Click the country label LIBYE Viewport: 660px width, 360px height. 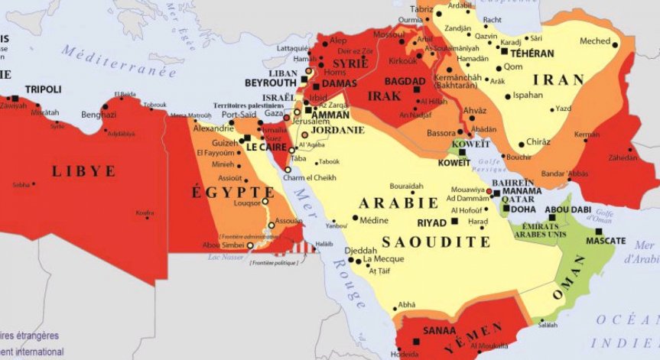pos(83,171)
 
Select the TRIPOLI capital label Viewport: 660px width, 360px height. pos(43,89)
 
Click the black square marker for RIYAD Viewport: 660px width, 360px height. pos(456,222)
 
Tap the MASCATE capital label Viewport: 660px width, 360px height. pos(606,241)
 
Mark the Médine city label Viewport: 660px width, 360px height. pos(374,220)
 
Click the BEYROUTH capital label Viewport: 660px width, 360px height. pos(270,82)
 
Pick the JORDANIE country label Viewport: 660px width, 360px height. pos(339,130)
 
